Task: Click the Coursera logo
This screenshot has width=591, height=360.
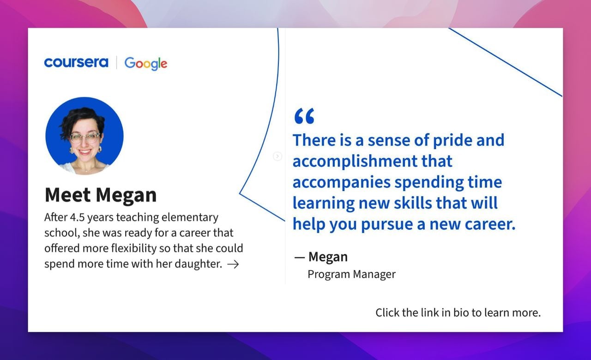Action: click(x=76, y=62)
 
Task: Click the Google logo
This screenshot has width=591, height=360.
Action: click(x=146, y=63)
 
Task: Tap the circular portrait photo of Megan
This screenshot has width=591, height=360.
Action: click(x=84, y=136)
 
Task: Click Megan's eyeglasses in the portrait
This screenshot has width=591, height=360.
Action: click(x=84, y=138)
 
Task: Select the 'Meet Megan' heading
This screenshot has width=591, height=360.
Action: click(x=101, y=195)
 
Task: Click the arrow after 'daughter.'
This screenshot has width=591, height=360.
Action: click(x=233, y=264)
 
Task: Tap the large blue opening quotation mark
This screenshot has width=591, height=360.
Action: click(x=304, y=116)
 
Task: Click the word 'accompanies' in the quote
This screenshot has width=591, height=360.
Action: click(x=341, y=182)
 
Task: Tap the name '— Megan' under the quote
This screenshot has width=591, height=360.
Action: click(x=321, y=257)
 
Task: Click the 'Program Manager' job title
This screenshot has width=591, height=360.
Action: click(x=351, y=274)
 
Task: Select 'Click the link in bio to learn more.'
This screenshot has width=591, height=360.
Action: click(x=458, y=312)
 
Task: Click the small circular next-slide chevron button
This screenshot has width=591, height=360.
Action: click(x=277, y=156)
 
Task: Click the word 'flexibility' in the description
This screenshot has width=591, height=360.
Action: click(x=134, y=248)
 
